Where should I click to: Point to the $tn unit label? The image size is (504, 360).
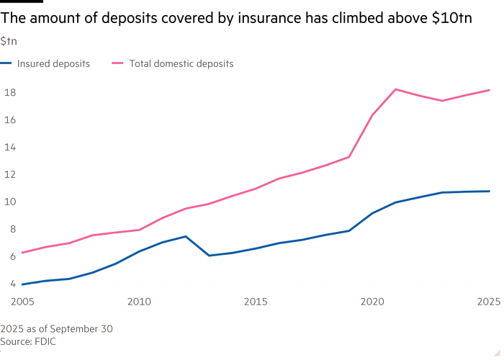(x=8, y=41)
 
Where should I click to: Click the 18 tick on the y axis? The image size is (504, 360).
(x=9, y=92)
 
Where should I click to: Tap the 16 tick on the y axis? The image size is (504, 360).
(x=9, y=120)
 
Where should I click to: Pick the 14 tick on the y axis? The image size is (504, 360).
(x=9, y=146)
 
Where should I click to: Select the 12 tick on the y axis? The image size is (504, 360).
(x=9, y=174)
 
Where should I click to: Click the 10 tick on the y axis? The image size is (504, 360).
(x=9, y=201)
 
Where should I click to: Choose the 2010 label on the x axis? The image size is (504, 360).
(x=138, y=299)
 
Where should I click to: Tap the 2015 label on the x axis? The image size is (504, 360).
(x=255, y=299)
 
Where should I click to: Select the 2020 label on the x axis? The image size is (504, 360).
(x=372, y=299)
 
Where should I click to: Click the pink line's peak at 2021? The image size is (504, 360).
(x=396, y=89)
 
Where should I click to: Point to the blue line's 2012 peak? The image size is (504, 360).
(x=186, y=235)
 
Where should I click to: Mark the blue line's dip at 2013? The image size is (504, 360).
(x=210, y=256)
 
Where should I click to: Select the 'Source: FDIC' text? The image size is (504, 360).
(x=28, y=341)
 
